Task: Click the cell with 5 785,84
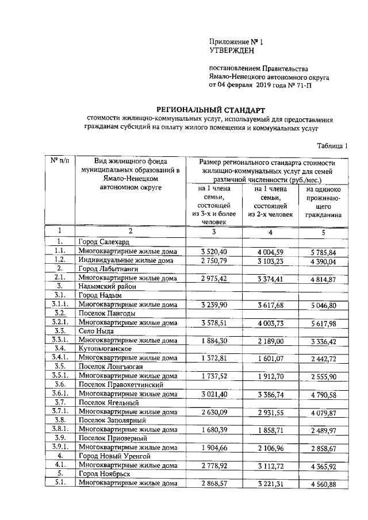[x=323, y=252]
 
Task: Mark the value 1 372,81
[x=214, y=358]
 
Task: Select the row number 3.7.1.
[x=59, y=411]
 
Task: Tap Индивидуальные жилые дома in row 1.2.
[x=126, y=260]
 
